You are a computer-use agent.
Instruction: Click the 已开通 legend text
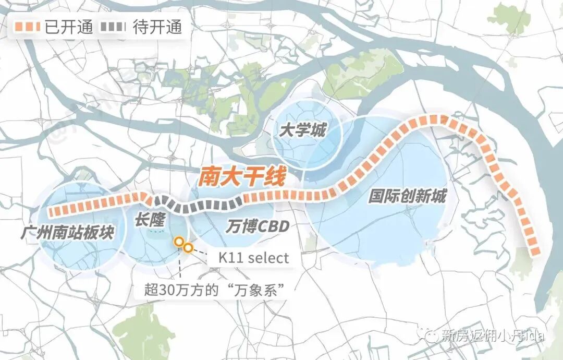pos(69,27)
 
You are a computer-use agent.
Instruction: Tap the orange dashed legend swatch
pos(28,27)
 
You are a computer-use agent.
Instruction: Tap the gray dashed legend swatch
pos(118,27)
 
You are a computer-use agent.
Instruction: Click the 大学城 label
pos(302,130)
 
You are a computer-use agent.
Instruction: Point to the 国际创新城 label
pos(407,197)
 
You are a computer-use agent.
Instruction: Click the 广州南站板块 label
pos(67,232)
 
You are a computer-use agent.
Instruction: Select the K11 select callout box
pos(249,257)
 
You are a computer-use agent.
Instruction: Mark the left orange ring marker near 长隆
pos(179,242)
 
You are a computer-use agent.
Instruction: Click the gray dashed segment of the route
pos(198,205)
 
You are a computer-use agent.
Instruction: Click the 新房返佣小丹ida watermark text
pos(493,335)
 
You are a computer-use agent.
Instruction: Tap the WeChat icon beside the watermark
pos(431,335)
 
